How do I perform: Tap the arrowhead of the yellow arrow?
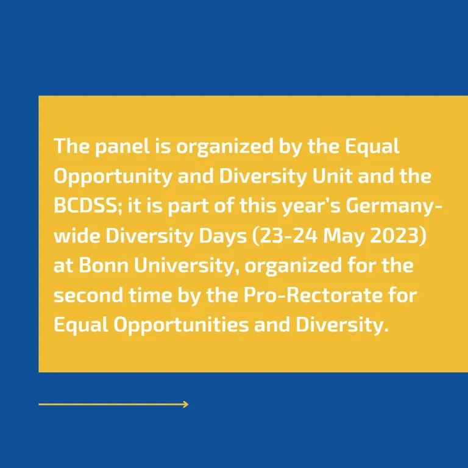click(x=186, y=404)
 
